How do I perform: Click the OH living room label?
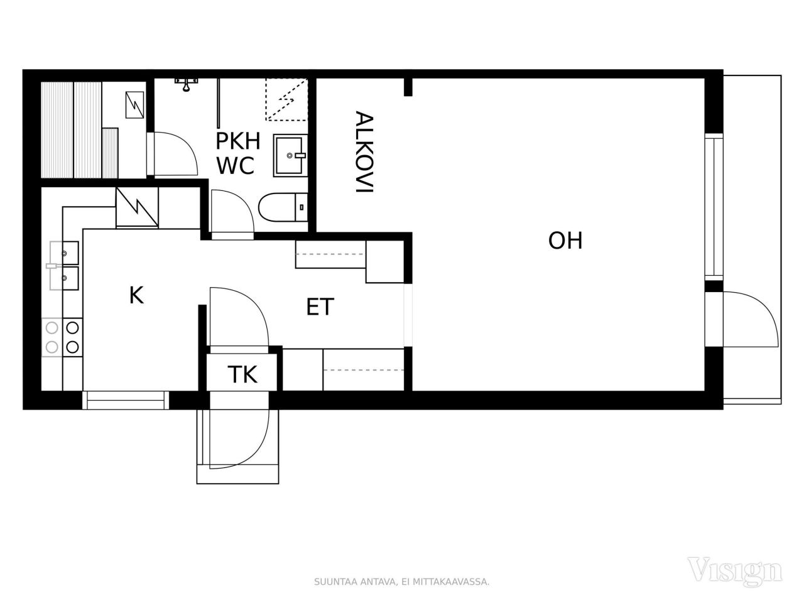[565, 241]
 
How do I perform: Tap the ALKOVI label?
[364, 152]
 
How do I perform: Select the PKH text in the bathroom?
[237, 141]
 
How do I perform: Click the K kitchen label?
[136, 295]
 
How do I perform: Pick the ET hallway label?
[320, 307]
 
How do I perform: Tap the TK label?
[242, 374]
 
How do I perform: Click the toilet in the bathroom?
[283, 207]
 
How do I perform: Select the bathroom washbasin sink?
[290, 155]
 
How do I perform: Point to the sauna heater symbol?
[135, 105]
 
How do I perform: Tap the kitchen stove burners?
[62, 337]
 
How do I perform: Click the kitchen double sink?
[64, 266]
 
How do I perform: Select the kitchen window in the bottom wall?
[126, 400]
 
